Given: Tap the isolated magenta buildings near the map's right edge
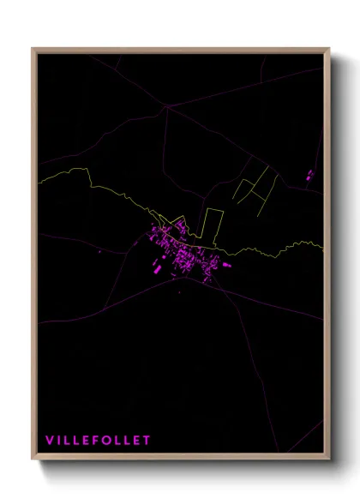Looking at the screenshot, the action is pyautogui.click(x=309, y=175).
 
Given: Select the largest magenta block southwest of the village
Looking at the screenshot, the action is pyautogui.click(x=157, y=265).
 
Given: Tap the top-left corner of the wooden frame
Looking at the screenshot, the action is pyautogui.click(x=33, y=49).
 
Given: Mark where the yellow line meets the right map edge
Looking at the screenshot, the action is pyautogui.click(x=323, y=247).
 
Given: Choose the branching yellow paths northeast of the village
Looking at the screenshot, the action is pyautogui.click(x=257, y=184).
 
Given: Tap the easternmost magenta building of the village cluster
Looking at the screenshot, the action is pyautogui.click(x=229, y=263).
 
